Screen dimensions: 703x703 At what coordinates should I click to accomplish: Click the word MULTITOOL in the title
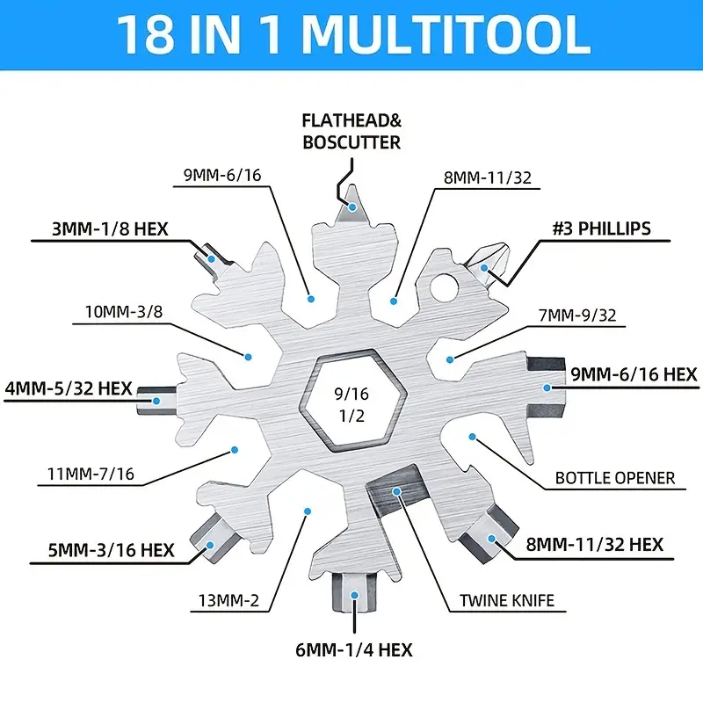[446, 34]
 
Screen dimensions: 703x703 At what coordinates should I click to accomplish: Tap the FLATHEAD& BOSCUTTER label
[352, 131]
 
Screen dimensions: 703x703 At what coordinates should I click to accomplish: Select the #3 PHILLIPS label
[602, 228]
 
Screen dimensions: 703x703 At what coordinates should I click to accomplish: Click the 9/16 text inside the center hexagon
[351, 394]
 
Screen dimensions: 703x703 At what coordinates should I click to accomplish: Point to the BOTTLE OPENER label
[615, 478]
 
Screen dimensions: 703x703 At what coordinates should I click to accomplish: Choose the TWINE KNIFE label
[507, 600]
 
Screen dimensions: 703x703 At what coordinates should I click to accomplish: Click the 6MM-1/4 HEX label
[354, 649]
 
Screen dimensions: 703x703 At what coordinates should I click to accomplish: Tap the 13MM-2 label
[228, 600]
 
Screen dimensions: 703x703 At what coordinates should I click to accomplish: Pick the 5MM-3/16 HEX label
[112, 550]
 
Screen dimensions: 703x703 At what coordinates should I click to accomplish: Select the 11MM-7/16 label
[91, 474]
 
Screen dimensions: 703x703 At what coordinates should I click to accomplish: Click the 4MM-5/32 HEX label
[69, 388]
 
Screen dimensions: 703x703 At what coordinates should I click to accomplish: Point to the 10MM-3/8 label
[124, 311]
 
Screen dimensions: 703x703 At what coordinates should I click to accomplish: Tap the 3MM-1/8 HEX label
[110, 229]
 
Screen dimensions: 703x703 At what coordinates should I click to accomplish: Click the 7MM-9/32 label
[577, 315]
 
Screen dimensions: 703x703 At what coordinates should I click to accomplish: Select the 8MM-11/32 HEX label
[595, 545]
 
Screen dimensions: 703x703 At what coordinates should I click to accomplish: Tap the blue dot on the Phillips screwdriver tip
[484, 268]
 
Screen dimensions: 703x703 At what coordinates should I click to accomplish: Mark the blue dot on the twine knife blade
[396, 492]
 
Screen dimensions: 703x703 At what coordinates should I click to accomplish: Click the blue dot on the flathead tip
[353, 207]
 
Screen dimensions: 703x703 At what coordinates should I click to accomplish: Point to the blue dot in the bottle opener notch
[472, 437]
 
